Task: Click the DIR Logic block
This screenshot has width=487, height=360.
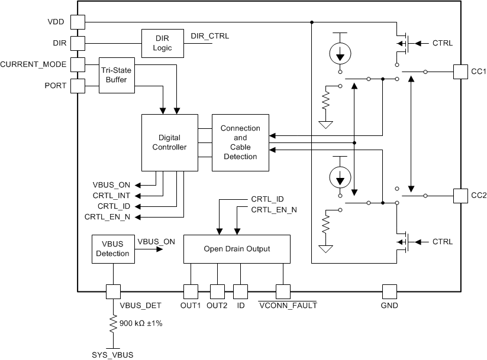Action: coord(162,43)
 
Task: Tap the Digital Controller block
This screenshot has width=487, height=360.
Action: coord(169,142)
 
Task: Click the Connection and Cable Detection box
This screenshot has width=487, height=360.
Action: coord(240,142)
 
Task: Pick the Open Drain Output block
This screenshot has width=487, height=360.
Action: coord(237,249)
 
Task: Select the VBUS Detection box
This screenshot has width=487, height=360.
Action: coord(112,249)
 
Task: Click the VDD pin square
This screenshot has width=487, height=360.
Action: coord(78,22)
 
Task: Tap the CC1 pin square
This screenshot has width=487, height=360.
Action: coord(460,72)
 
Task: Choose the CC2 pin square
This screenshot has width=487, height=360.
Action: coord(460,195)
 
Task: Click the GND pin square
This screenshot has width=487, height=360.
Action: coord(389,291)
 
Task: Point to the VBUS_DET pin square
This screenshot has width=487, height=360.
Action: coord(112,291)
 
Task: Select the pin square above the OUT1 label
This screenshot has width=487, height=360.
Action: coord(190,291)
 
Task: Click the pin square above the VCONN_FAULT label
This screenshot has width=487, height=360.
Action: coord(283,291)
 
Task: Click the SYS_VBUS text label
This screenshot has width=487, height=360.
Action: coord(112,355)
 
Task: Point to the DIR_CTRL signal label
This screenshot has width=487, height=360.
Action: coord(209,36)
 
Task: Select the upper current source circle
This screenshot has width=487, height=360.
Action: coord(340,54)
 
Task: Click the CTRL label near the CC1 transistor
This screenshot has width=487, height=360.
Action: coord(443,43)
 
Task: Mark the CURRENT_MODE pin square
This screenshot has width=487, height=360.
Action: coord(78,64)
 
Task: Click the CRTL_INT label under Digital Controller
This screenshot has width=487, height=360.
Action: coord(116,195)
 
